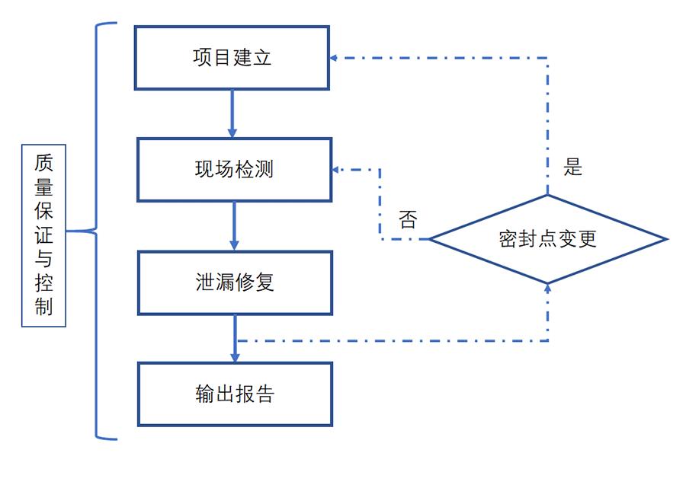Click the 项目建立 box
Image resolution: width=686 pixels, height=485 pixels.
[232, 58]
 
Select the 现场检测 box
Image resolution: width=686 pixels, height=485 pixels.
[234, 169]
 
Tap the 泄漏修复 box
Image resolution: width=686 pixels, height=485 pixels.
[234, 282]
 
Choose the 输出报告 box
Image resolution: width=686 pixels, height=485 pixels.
[234, 394]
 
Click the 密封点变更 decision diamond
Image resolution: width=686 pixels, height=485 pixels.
[547, 239]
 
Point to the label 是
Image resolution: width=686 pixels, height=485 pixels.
[572, 168]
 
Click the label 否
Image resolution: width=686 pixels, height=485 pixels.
[408, 220]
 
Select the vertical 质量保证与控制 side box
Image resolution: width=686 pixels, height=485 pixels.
[43, 235]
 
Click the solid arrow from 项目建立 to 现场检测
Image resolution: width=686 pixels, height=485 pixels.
[232, 113]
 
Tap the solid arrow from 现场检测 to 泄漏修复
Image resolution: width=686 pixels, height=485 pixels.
[234, 226]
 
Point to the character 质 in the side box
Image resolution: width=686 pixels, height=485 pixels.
[43, 164]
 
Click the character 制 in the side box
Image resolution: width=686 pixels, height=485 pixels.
[43, 307]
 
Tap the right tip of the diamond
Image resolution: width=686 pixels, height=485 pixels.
[665, 239]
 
